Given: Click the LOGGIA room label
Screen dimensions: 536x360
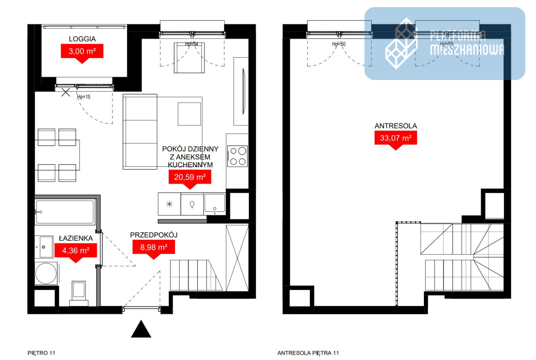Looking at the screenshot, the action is (82, 39).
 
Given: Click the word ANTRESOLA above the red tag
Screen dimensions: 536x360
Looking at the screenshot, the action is (396, 126).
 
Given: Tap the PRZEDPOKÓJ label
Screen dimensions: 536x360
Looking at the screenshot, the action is (154, 235).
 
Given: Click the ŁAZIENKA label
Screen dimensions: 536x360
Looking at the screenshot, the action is (76, 238).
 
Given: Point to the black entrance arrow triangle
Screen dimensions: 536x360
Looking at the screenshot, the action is (141, 329).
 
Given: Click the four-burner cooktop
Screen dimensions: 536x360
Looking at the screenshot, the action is (237, 156).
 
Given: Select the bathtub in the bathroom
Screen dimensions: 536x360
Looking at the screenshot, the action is (65, 212).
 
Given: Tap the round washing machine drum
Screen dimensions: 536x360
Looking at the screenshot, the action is (46, 273).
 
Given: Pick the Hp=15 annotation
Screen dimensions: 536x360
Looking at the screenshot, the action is (84, 97).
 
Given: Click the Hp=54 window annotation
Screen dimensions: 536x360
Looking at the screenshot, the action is (192, 44).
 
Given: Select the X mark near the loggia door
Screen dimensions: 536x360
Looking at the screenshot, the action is (66, 92).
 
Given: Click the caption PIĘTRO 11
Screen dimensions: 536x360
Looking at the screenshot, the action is (42, 353).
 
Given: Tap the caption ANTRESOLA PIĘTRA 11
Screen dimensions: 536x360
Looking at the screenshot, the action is (308, 353).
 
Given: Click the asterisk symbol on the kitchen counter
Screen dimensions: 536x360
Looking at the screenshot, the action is (169, 204).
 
